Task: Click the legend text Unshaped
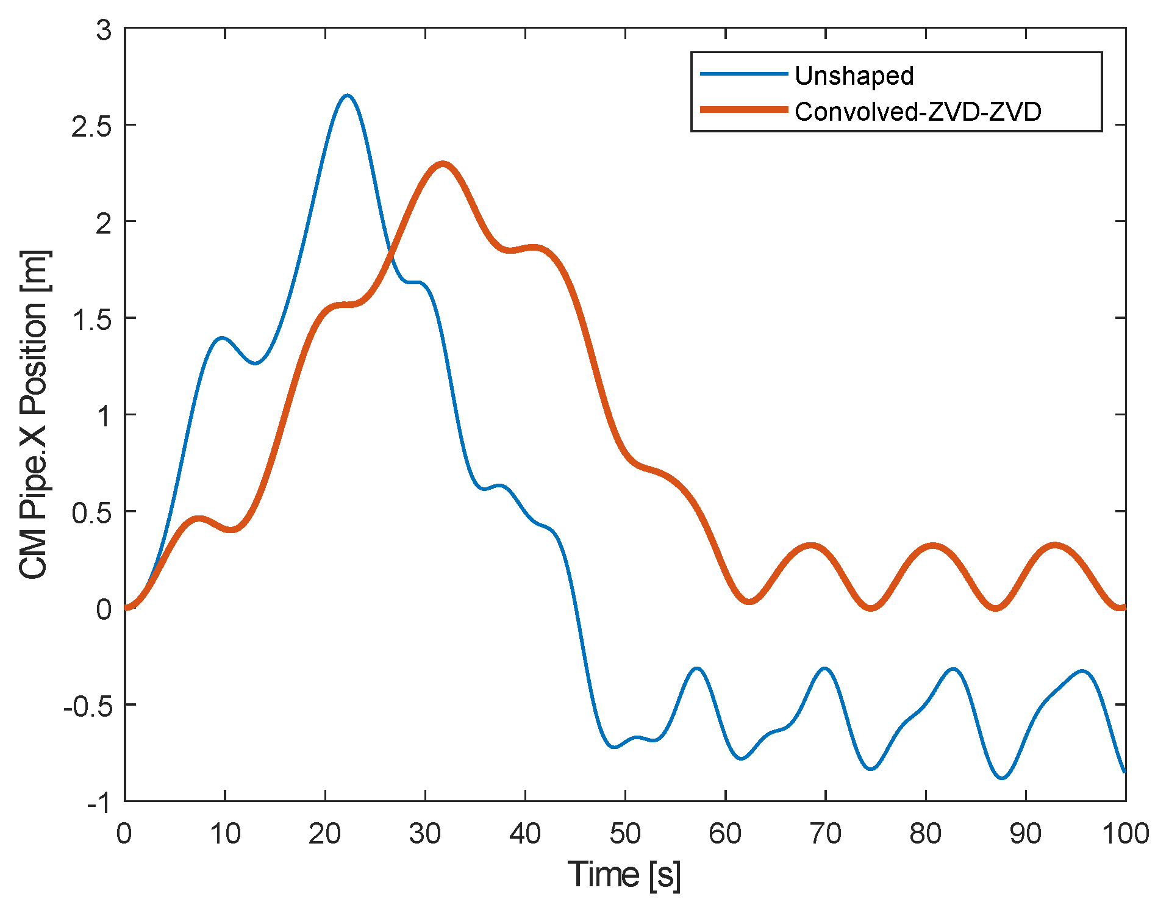pos(854,76)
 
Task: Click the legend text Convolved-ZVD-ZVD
pos(918,112)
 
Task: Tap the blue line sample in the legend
pos(743,74)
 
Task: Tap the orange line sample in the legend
pos(743,110)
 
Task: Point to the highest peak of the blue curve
pos(347,95)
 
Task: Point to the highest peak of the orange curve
pos(442,163)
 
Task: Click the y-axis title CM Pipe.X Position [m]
pos(34,414)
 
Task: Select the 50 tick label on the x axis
pos(625,833)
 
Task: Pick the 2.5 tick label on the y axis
pos(91,126)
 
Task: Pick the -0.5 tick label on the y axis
pos(88,706)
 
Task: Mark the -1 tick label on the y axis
pos(99,803)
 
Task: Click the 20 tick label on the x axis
pos(324,833)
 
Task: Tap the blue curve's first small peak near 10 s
pos(221,338)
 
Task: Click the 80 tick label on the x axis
pos(925,833)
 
